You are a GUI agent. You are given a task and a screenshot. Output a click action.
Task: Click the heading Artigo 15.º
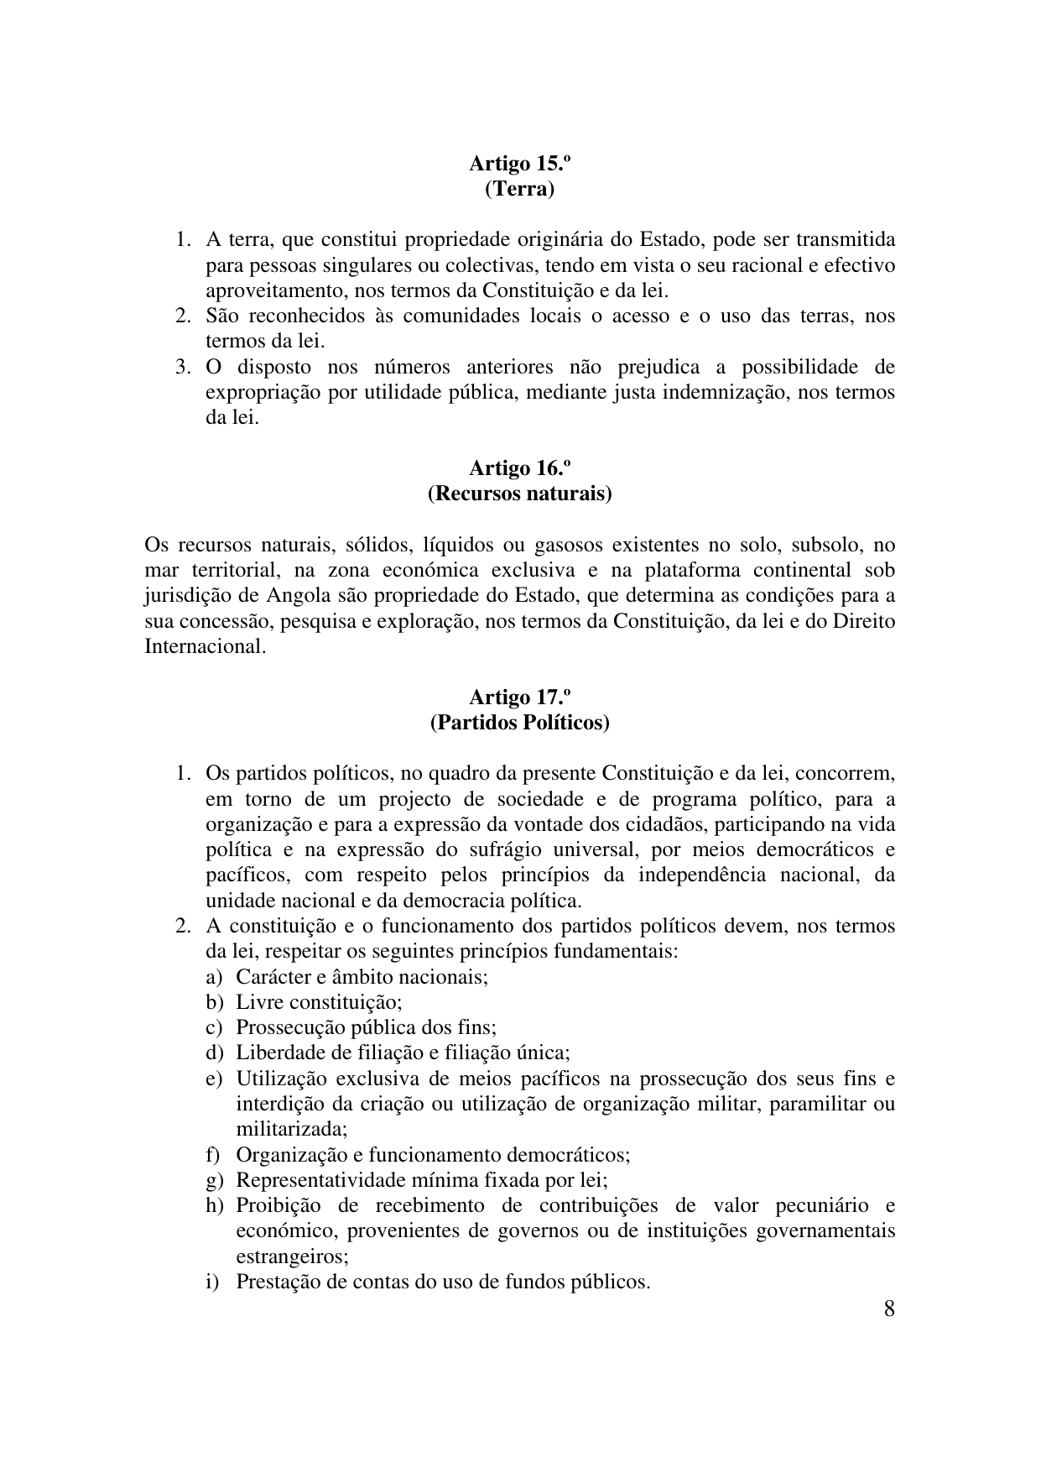[x=519, y=163]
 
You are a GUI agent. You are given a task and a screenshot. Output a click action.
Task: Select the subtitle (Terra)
[x=519, y=189]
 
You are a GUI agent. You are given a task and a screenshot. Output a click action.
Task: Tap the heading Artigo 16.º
[x=519, y=467]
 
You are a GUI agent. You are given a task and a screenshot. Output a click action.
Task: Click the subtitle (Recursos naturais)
[x=519, y=494]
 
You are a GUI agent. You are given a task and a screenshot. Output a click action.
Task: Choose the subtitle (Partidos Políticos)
[x=519, y=723]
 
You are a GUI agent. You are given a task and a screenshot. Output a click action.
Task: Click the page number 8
[x=888, y=1308]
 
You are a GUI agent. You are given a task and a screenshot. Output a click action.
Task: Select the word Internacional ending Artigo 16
[x=205, y=647]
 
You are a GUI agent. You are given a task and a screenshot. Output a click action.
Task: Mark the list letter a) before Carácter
[x=214, y=977]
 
